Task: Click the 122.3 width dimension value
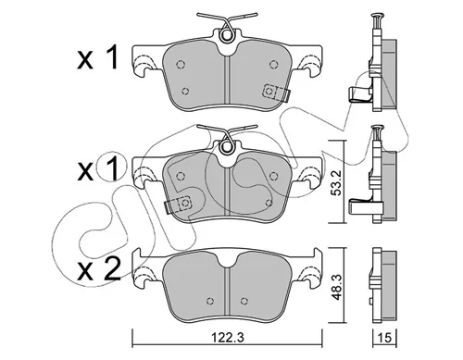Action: tap(227, 338)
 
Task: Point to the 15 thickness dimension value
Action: tap(384, 338)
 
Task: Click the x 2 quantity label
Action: tap(98, 268)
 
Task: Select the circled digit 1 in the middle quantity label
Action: tap(111, 168)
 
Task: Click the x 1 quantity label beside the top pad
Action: tap(98, 57)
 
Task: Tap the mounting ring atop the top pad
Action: tap(227, 35)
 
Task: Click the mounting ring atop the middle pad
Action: tap(227, 146)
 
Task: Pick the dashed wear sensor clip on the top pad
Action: tap(276, 92)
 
